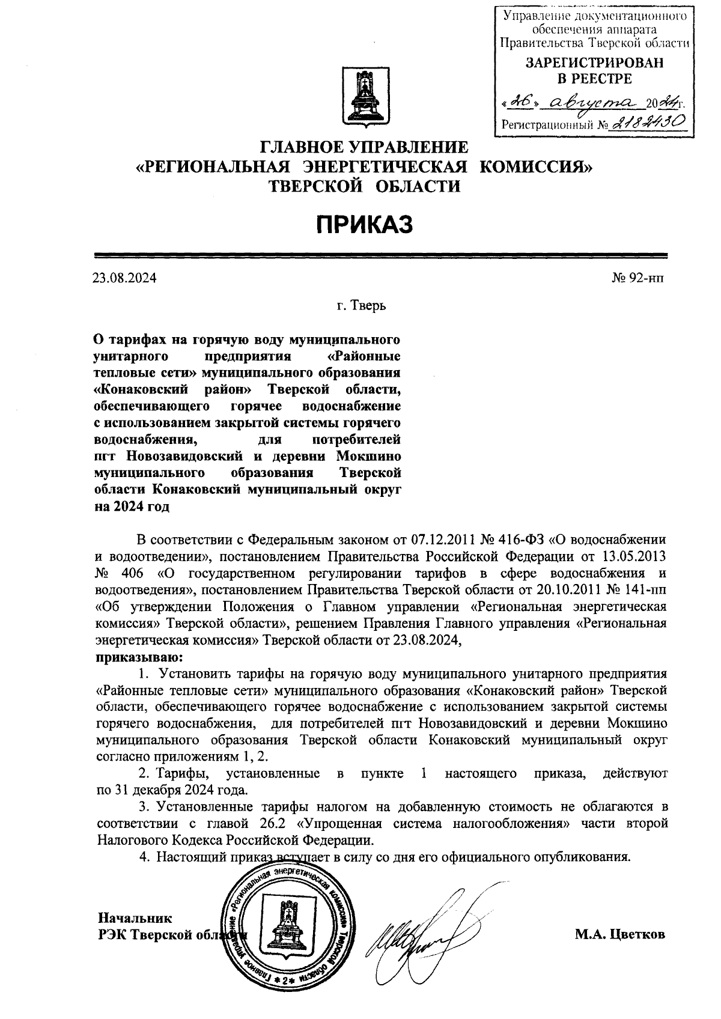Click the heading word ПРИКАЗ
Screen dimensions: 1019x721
(364, 225)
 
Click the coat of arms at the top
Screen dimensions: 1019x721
(364, 96)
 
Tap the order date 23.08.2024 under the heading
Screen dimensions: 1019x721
(124, 278)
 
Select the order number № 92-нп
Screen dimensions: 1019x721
(636, 278)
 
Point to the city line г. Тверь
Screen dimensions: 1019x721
(360, 306)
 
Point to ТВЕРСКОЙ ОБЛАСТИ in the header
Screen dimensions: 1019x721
(364, 186)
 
